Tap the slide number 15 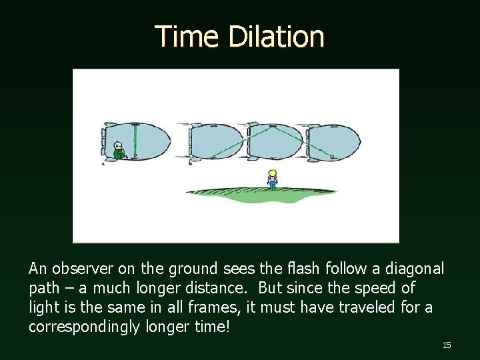(447, 345)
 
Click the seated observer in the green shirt (119, 151)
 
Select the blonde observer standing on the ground (272, 179)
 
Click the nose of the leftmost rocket (168, 141)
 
